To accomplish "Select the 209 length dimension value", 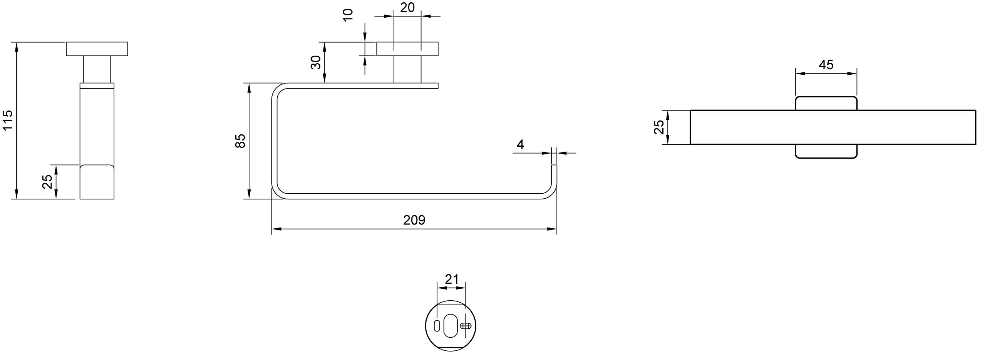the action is [x=414, y=220].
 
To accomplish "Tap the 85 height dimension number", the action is [x=240, y=141].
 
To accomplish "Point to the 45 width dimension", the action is [x=826, y=65].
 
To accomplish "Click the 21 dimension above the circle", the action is [x=451, y=279].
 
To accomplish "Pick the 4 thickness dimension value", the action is [x=520, y=145].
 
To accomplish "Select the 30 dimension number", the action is [x=316, y=62].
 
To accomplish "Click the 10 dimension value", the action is [x=348, y=15].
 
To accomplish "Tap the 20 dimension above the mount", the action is [x=407, y=7].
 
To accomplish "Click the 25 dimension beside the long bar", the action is [x=659, y=127].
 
